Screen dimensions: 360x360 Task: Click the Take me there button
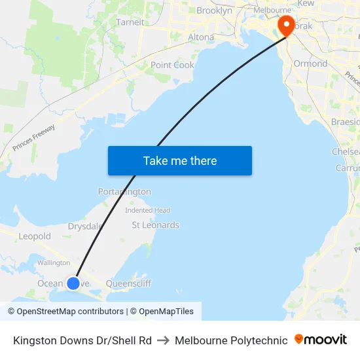coord(180,161)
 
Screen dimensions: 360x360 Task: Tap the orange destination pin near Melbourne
coord(286,25)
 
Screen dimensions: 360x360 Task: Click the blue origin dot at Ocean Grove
coord(73,283)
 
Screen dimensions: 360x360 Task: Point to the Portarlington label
coord(124,192)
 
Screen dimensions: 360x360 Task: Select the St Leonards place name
coord(155,225)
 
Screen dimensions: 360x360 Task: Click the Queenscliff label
coord(128,283)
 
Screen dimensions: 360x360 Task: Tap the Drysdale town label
coord(85,226)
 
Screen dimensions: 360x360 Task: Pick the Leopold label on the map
coord(35,236)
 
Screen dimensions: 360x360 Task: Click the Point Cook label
coord(172,65)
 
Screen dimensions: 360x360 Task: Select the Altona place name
coord(201,37)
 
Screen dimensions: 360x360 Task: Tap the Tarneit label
coord(130,22)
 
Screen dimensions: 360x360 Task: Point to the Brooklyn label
coord(214,10)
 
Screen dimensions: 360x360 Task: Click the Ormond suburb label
coord(310,63)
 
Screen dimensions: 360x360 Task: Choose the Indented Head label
coord(148,210)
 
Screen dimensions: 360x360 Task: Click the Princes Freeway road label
coord(33,138)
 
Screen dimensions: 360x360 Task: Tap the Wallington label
coord(54,262)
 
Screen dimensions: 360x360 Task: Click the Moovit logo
coord(321,340)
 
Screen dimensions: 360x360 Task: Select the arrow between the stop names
coord(163,340)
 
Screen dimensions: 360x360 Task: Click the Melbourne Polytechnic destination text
coord(231,340)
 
